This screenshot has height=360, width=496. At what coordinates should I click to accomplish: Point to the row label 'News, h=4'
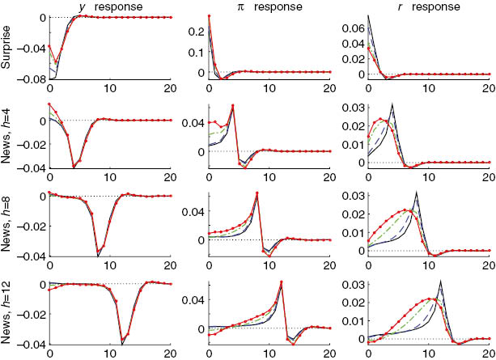pyautogui.click(x=6, y=134)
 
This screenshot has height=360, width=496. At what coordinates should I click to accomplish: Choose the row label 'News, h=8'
pyautogui.click(x=6, y=222)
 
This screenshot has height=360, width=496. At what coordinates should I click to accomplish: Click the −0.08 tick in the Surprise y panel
pyautogui.click(x=36, y=79)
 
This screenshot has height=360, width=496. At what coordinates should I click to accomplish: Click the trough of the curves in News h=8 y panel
pyautogui.click(x=99, y=256)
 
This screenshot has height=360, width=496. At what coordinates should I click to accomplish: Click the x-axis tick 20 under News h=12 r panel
pyautogui.click(x=487, y=353)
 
